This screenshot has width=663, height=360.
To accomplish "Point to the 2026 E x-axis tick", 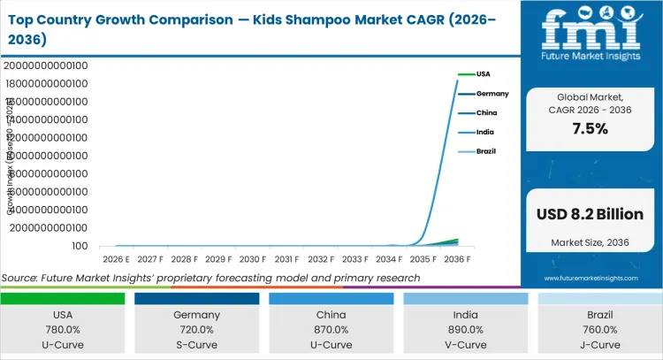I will [x=116, y=259].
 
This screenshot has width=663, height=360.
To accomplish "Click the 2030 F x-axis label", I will [x=252, y=259].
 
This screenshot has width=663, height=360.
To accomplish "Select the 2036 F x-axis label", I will [x=457, y=259].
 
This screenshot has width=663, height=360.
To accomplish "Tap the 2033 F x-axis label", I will [x=354, y=259].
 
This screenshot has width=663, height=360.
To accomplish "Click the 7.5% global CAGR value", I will [x=590, y=128].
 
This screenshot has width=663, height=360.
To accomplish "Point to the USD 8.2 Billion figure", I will [x=590, y=214].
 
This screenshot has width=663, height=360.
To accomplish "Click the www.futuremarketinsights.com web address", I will [x=590, y=278].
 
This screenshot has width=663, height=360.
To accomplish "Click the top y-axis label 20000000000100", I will [x=44, y=65].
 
